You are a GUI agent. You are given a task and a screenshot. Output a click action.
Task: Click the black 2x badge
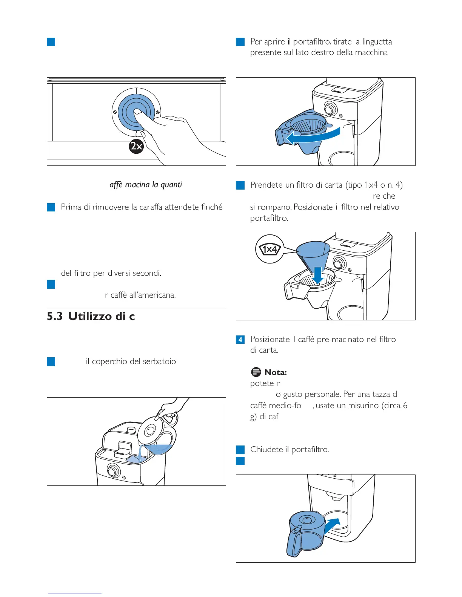pos(136,146)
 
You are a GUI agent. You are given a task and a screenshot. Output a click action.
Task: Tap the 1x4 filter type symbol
pos(269,249)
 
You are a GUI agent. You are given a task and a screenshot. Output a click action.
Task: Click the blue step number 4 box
pos(240,340)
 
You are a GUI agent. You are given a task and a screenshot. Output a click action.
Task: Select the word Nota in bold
pos(276,372)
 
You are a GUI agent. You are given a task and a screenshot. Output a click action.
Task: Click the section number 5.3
pos(54,316)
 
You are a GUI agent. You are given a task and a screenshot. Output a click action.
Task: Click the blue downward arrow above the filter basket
pos(318,275)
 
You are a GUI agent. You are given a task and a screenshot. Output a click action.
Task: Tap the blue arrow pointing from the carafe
pos(332,524)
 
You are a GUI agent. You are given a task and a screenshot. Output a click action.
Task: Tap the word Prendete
pos(266,185)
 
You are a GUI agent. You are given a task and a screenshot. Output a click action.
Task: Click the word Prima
pos(71,207)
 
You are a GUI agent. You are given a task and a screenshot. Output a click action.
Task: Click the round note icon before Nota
pos(256,372)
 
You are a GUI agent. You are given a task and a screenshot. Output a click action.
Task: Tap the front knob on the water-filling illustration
pos(112,470)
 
